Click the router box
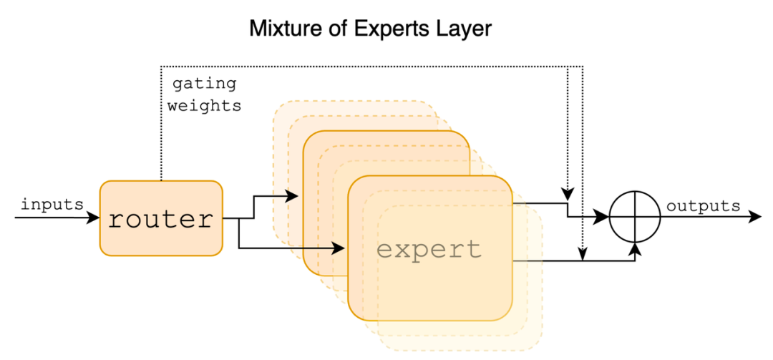click(x=161, y=218)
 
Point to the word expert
click(x=429, y=250)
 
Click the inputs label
click(x=52, y=204)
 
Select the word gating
click(x=204, y=84)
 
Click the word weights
click(x=205, y=105)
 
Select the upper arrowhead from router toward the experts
click(x=292, y=196)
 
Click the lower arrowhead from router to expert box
click(x=338, y=248)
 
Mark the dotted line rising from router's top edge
click(x=161, y=123)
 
